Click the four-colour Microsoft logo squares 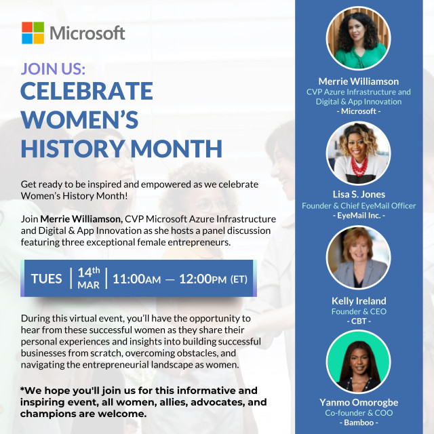tap(33, 33)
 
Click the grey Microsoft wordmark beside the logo tap(87, 33)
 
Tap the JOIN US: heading tap(53, 68)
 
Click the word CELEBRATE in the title tap(87, 91)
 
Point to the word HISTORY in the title tap(73, 149)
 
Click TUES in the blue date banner tap(47, 279)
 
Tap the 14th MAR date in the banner tap(89, 278)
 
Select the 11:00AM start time tap(137, 279)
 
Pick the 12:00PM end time tap(203, 279)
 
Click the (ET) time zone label tap(239, 279)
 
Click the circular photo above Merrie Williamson tap(359, 39)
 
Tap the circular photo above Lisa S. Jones tap(359, 153)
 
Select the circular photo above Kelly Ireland tap(359, 258)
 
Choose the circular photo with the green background tap(359, 361)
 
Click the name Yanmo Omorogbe tap(359, 402)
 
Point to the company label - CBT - tap(359, 321)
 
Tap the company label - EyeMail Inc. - tap(359, 216)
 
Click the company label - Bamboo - tap(359, 422)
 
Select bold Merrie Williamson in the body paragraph tap(81, 219)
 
